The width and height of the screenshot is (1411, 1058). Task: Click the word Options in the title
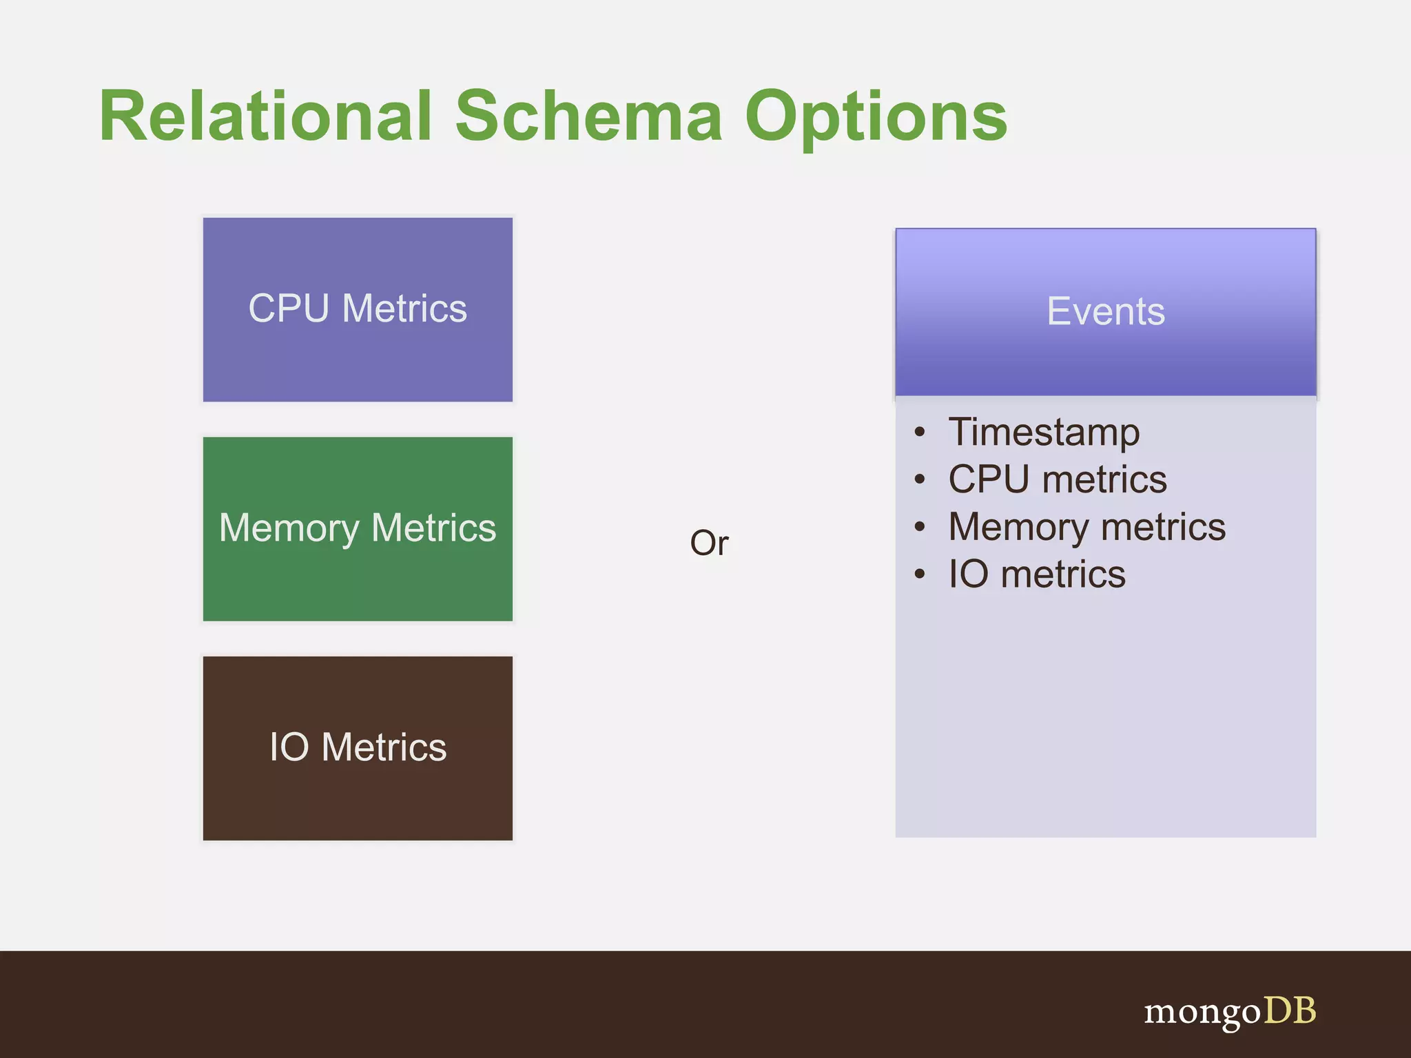click(876, 117)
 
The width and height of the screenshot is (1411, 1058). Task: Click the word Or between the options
click(709, 543)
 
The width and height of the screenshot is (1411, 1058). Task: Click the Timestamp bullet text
click(1043, 433)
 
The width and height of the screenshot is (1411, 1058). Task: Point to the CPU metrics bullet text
click(1057, 479)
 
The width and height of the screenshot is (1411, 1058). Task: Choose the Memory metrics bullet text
click(1086, 527)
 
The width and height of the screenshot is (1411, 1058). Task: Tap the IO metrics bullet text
click(1036, 574)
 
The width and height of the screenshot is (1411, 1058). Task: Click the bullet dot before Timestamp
click(920, 433)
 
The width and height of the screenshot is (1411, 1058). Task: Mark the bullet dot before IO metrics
click(920, 574)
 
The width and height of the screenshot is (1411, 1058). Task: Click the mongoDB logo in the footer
click(1229, 1012)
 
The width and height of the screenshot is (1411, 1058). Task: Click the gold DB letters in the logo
click(1289, 1010)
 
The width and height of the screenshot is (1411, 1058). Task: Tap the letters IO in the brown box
click(289, 747)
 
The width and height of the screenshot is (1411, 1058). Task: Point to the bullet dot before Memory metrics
click(920, 528)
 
